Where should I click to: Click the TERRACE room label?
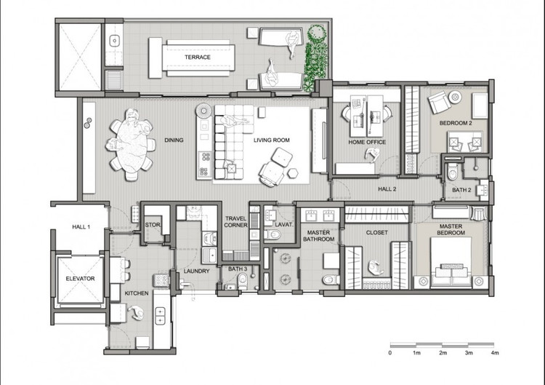(x=198, y=57)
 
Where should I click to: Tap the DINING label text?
(x=174, y=140)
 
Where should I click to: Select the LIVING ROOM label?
(x=272, y=140)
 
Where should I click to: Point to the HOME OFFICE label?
(x=367, y=142)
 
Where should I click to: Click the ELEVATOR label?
(x=80, y=279)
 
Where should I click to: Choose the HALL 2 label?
(x=387, y=189)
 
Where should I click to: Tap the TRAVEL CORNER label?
(x=235, y=222)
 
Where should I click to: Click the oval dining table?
(x=129, y=145)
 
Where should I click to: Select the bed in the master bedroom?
(x=451, y=263)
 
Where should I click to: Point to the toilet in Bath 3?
(x=243, y=281)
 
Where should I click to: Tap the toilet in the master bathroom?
(x=331, y=279)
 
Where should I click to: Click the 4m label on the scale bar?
(x=495, y=353)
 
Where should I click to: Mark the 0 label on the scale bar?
(x=390, y=353)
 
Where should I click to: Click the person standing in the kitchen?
(x=136, y=312)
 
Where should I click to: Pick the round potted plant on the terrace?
(x=317, y=33)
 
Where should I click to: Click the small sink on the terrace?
(x=114, y=41)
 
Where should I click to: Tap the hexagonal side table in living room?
(x=292, y=173)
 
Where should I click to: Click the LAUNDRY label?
(x=196, y=271)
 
